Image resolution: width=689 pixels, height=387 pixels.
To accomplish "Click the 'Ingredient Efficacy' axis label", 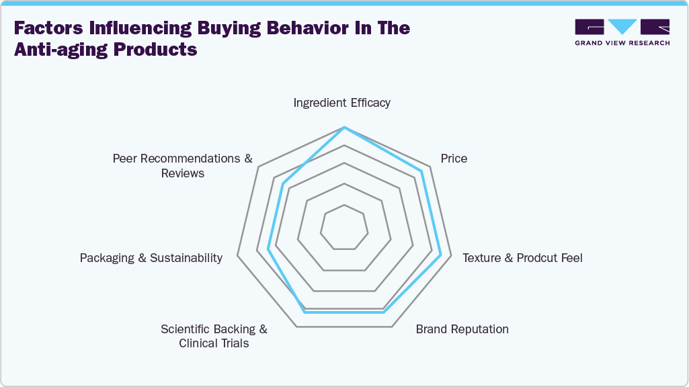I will point(341,103).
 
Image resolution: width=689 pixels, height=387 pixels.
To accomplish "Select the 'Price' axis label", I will point(454,159).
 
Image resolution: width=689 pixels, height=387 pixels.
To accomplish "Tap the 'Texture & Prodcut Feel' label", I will point(522,258).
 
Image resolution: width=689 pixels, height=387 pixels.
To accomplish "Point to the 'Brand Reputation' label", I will point(462,329).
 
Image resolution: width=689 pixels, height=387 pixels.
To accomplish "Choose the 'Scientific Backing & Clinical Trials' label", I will point(214,336).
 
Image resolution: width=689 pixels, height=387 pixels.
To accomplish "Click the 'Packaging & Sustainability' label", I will point(151,258).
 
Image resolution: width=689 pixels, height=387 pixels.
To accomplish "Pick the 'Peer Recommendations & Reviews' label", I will point(182,166).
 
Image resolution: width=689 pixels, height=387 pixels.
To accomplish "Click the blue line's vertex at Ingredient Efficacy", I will point(344,127).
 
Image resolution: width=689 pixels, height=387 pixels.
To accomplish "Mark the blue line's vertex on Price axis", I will point(421,171).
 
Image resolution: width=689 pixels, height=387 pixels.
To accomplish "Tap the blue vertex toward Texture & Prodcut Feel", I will point(441,255).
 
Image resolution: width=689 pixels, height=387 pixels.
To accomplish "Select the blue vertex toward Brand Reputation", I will point(384,312).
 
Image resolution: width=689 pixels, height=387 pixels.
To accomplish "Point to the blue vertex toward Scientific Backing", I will point(305,312).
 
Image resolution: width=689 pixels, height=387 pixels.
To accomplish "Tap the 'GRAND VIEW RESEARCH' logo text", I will point(622,43).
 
